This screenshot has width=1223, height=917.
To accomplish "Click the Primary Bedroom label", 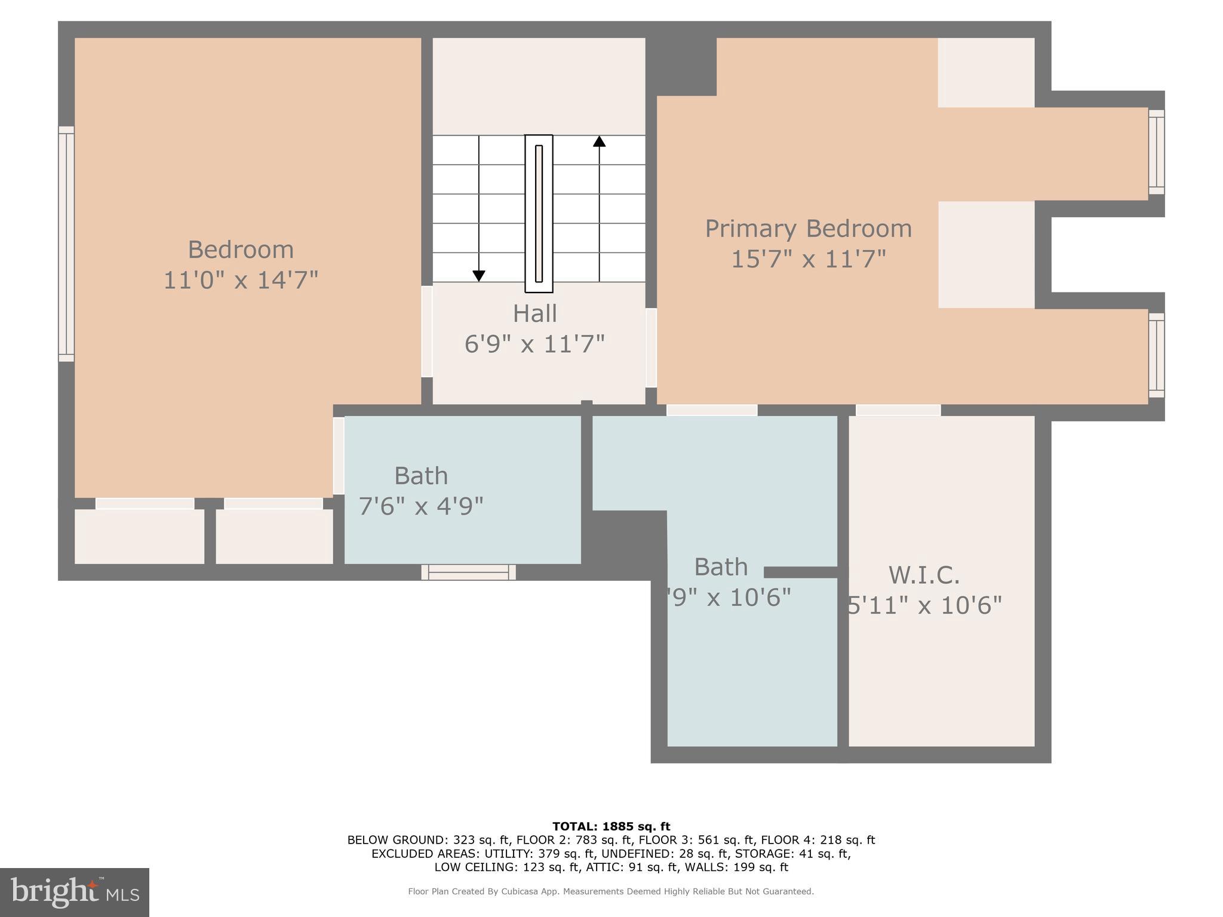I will [x=808, y=229].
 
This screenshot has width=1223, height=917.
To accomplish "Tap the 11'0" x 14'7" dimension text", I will [x=241, y=280].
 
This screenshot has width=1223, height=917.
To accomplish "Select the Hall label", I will [x=535, y=314].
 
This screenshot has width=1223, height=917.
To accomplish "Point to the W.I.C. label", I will [x=924, y=576].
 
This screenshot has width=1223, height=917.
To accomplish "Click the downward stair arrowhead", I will [x=479, y=276].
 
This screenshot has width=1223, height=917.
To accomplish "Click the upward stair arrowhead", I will [x=599, y=141].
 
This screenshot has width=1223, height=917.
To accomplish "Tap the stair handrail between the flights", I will [x=539, y=214].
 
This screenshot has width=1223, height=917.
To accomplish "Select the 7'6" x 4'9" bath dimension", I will [x=421, y=506].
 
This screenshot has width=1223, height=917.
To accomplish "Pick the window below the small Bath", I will [x=469, y=572].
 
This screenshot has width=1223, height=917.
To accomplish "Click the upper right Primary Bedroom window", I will [x=1156, y=152].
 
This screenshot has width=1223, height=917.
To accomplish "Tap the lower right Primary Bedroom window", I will [x=1156, y=355].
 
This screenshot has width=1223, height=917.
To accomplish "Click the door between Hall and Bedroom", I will [x=427, y=332].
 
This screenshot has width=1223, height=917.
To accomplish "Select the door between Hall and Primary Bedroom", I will [x=651, y=347].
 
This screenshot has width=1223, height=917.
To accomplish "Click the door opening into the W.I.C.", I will [x=898, y=410].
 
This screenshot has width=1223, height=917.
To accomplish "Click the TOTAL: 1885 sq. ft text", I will [x=611, y=827].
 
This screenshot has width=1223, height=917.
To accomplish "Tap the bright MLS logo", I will [x=75, y=892].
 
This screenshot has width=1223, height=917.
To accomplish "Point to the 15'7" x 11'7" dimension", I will [x=808, y=259].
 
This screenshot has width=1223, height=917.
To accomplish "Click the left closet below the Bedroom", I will [x=139, y=536].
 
